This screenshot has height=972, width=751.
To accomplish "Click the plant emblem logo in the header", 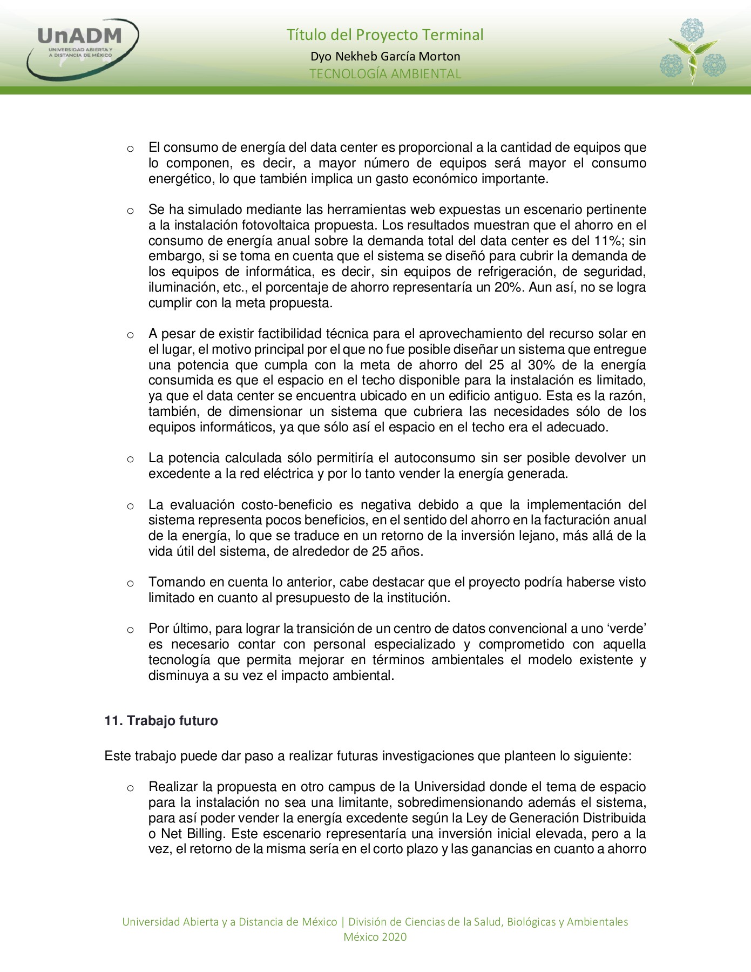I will tap(693, 51).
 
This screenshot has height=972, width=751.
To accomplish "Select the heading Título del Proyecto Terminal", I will tap(384, 35).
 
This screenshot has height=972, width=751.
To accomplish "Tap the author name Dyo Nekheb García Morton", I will tap(385, 56).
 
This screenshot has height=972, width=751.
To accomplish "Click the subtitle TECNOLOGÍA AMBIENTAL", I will tap(385, 74).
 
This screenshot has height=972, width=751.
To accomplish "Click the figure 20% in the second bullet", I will tap(508, 287).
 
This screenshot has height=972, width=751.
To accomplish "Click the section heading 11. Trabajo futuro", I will tap(161, 721).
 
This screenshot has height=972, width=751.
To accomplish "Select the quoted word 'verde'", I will tap(627, 629).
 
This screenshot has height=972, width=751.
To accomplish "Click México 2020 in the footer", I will tap(375, 937).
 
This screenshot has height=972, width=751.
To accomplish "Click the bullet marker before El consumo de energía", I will tap(130, 148).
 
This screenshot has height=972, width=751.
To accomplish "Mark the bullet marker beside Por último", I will tap(130, 630).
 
